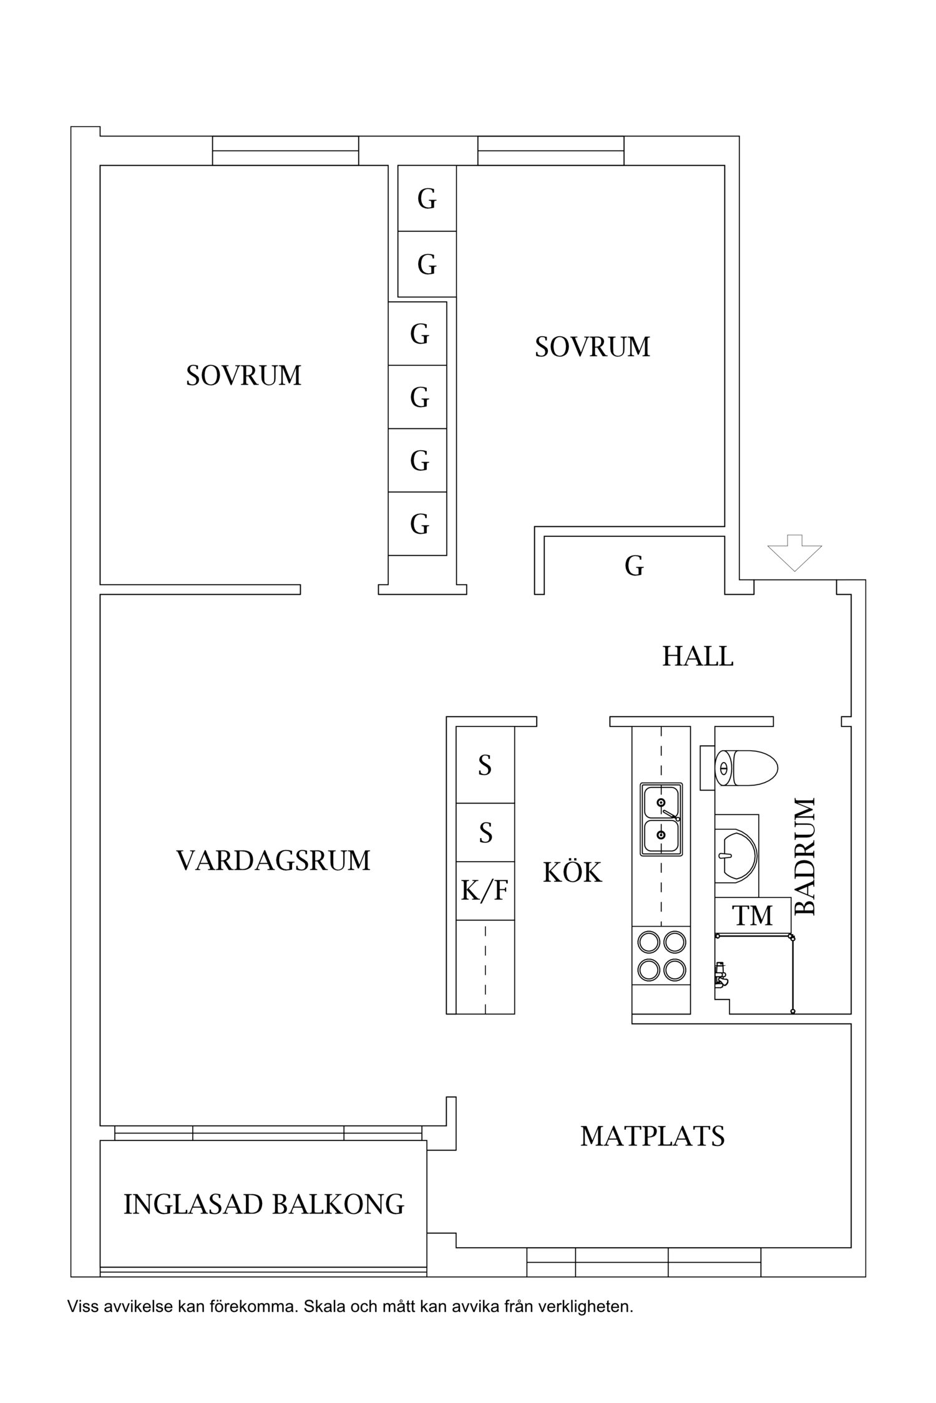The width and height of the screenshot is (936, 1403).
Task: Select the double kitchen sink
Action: tap(661, 819)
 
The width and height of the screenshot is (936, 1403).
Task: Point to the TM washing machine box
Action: tap(753, 915)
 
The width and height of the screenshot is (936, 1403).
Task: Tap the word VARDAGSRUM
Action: tap(273, 861)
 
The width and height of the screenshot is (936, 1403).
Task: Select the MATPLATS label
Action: tap(652, 1137)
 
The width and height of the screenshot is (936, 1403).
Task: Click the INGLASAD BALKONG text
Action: tap(264, 1204)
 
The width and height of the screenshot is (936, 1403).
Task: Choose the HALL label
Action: tap(698, 657)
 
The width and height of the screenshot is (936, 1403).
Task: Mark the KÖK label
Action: tap(572, 872)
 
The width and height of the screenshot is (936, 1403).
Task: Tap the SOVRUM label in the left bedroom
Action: tap(243, 375)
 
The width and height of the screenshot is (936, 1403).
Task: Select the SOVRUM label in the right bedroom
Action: tap(592, 347)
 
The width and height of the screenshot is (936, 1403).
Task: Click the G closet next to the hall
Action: tap(634, 566)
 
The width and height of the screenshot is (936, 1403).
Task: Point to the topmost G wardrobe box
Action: tap(427, 199)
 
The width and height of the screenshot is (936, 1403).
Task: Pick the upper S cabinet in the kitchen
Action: tap(485, 765)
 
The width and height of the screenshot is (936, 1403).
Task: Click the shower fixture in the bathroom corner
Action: tap(721, 974)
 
